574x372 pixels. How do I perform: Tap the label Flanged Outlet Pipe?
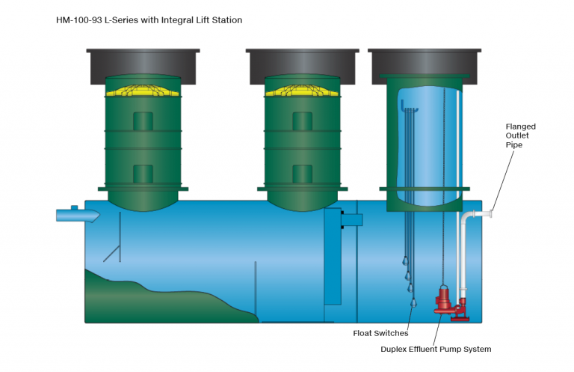(520, 135)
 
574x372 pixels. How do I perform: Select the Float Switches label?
(380, 333)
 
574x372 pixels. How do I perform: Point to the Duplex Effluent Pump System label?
(436, 349)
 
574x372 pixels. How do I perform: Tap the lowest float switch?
(413, 302)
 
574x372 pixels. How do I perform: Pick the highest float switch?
(405, 260)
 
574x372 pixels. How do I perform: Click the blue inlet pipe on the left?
(78, 214)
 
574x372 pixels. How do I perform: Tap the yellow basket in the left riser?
(143, 91)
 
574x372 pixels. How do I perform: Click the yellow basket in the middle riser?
(302, 91)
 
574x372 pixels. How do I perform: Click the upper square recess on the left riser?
(143, 121)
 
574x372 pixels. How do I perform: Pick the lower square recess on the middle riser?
(303, 174)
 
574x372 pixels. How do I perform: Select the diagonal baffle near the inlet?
(111, 254)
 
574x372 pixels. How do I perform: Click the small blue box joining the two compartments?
(352, 220)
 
